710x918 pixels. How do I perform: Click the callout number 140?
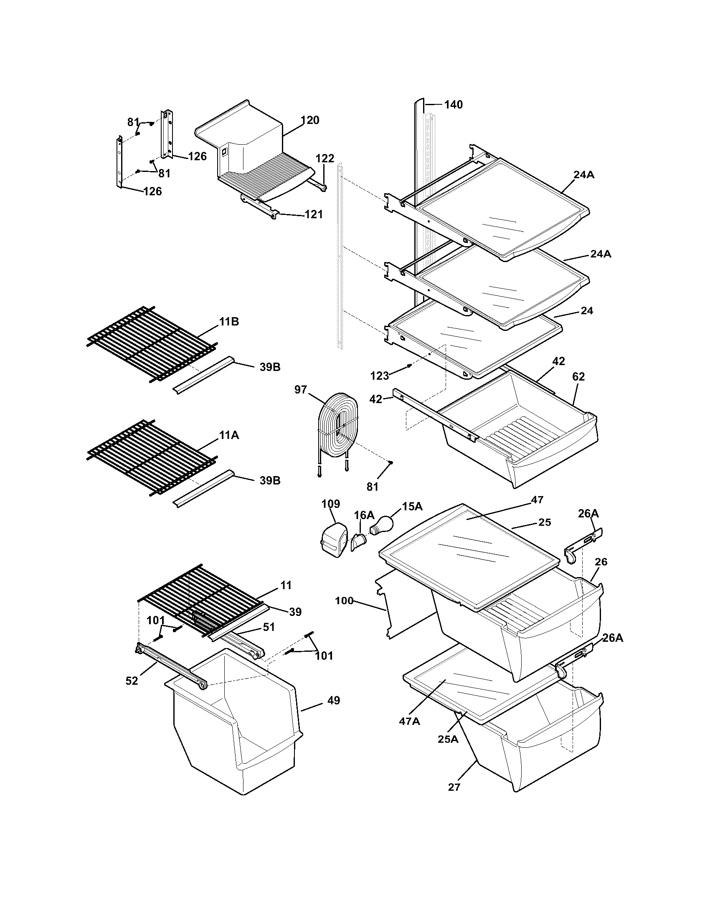point(454,104)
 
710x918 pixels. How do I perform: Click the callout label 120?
point(310,120)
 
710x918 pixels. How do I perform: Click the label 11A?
point(229,435)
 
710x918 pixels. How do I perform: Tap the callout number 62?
point(578,377)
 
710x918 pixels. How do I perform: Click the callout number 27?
point(454,787)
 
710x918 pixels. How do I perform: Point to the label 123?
point(380,376)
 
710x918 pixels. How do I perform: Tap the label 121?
point(314,214)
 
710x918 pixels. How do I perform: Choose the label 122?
point(325,159)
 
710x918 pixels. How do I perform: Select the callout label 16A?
point(364,515)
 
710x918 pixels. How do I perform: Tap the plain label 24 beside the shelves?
point(587,310)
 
